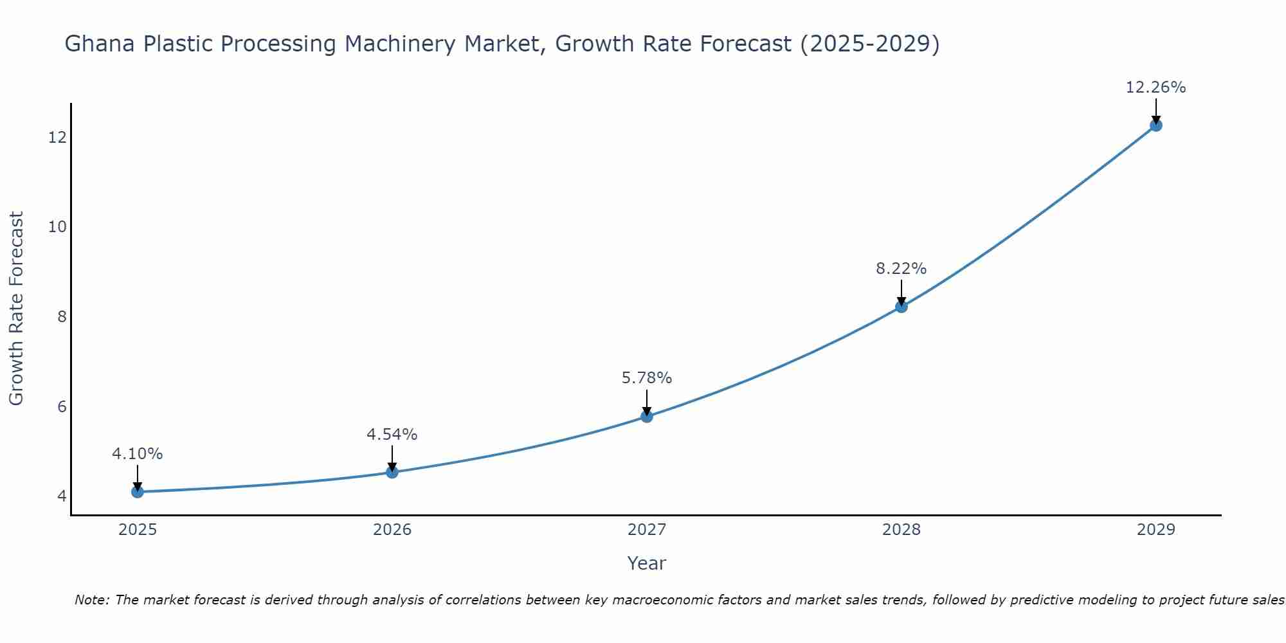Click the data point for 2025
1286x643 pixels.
[138, 492]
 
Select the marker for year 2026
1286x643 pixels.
[392, 472]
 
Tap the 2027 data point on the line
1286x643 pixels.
[647, 417]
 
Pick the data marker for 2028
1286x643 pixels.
[901, 307]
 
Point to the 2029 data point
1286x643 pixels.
[1156, 125]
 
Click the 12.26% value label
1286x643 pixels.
[1155, 87]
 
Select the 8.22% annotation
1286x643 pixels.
[901, 269]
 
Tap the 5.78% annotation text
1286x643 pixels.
[646, 378]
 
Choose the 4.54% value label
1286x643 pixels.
[392, 435]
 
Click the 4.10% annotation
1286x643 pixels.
[137, 454]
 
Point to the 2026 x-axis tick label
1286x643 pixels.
[392, 530]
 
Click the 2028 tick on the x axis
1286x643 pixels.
[901, 530]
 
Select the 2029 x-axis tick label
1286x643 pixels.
[1156, 530]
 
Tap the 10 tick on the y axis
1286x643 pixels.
[58, 227]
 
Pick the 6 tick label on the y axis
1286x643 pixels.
[62, 406]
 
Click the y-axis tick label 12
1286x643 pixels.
[58, 138]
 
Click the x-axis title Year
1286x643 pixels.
[646, 563]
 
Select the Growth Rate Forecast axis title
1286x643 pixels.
[16, 309]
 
